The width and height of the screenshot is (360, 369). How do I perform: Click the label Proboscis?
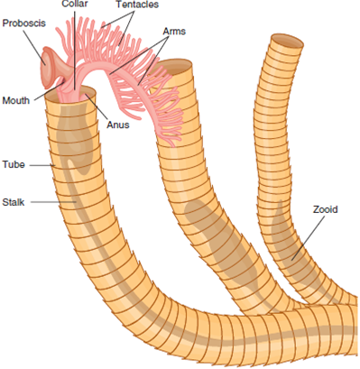(22, 21)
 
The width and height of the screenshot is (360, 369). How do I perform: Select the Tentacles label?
(137, 5)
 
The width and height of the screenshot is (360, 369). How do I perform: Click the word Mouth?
(18, 100)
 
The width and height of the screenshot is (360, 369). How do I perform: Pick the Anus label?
(117, 125)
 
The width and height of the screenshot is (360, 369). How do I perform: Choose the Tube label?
(14, 165)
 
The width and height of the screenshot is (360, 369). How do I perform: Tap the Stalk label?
(15, 202)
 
